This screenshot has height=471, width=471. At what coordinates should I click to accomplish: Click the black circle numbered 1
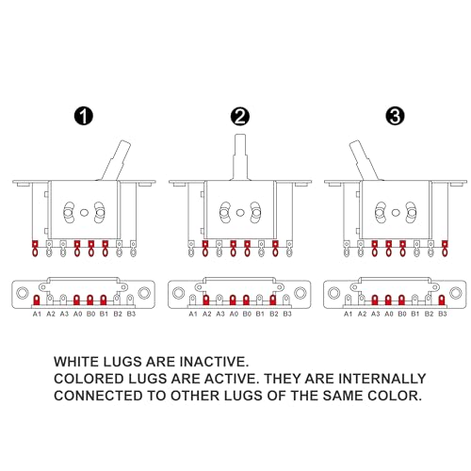[x=84, y=116]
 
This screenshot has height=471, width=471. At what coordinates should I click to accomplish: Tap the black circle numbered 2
[x=240, y=117]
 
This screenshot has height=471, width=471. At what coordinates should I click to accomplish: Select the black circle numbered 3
[x=395, y=116]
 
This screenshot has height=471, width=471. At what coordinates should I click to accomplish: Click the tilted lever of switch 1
[x=116, y=160]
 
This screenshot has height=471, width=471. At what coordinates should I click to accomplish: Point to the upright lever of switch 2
[x=240, y=157]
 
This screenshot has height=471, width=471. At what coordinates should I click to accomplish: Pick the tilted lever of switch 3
[x=365, y=160]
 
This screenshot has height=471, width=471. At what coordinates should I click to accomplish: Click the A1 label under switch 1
[x=37, y=314]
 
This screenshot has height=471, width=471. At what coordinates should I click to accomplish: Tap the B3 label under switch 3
[x=443, y=314]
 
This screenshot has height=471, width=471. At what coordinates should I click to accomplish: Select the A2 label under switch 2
[x=206, y=314]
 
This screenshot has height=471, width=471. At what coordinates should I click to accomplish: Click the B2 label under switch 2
[x=274, y=314]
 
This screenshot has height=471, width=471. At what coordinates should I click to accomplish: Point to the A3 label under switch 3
[x=375, y=314]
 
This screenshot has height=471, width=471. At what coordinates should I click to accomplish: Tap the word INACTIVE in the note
[x=214, y=362]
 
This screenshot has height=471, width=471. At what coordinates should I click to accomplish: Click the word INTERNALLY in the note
[x=382, y=379]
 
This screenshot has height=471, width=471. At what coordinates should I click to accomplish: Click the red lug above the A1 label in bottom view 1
[x=37, y=300]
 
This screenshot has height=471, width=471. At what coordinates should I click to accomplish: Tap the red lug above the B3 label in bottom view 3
[x=442, y=300]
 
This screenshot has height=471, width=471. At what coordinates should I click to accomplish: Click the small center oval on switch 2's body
[x=240, y=213]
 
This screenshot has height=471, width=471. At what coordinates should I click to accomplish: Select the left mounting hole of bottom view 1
[x=23, y=293]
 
